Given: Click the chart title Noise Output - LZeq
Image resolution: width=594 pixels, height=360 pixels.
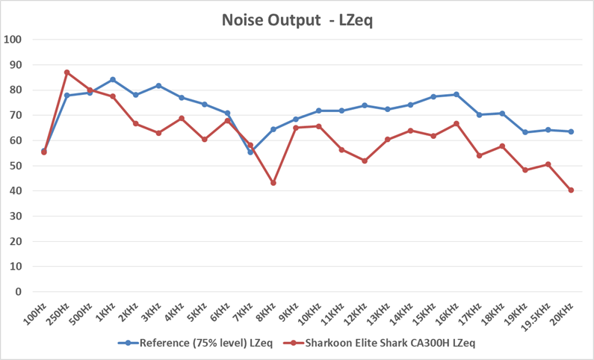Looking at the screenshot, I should point(297,20).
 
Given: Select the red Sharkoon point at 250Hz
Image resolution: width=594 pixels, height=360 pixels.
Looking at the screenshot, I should point(67,72).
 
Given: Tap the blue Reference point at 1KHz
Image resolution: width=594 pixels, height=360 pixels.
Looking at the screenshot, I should point(113,80).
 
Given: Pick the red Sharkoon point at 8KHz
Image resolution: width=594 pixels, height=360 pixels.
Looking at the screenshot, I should point(273,183).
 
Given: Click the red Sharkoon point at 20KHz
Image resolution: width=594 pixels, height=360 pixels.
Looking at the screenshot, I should point(571,190).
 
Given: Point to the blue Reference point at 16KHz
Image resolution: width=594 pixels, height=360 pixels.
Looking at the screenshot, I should point(457,95).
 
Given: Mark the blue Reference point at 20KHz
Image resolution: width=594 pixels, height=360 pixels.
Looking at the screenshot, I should point(571,131).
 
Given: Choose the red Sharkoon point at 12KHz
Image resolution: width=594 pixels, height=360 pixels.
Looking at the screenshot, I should point(365,161).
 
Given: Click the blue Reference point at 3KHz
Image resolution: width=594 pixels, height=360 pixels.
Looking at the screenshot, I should point(158,86).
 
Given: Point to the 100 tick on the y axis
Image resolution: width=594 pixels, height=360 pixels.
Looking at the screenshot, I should point(13,40).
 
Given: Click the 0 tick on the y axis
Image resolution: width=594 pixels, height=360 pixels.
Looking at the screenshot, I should point(19,291).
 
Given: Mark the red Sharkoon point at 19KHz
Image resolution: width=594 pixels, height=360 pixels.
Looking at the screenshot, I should point(525,170).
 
